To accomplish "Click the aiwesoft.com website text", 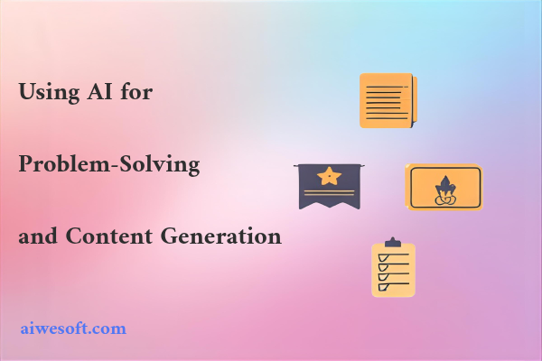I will (x=73, y=329).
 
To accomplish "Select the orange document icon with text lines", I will (x=388, y=100).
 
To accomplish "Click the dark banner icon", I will (x=331, y=186).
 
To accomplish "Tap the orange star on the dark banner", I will (x=331, y=175).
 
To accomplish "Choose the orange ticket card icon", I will (x=444, y=187).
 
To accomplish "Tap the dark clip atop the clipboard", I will (x=393, y=243).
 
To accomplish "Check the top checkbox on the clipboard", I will (x=381, y=258).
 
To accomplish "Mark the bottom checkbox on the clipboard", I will (x=381, y=287).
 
